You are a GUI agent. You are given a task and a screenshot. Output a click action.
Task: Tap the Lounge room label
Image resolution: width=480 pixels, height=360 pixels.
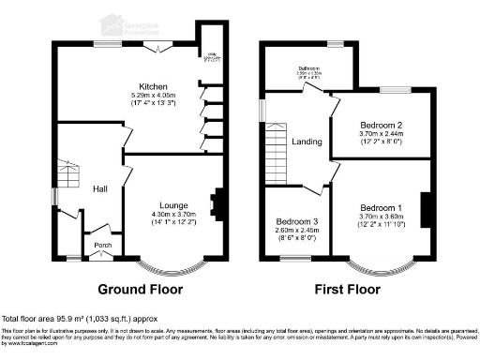tap(173, 206)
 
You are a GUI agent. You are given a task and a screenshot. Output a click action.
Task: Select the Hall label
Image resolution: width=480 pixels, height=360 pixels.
tap(101, 189)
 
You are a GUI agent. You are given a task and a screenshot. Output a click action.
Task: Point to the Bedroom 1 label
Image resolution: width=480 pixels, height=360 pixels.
tap(382, 207)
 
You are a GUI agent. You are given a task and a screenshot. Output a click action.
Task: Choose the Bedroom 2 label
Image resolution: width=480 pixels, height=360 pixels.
tap(382, 126)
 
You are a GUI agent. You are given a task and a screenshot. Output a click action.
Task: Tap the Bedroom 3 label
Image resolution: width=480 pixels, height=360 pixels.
tap(295, 221)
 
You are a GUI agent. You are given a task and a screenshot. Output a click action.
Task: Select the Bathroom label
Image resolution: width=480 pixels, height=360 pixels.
tap(309, 68)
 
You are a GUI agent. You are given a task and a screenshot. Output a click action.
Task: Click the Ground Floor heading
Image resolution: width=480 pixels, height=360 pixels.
tap(141, 289)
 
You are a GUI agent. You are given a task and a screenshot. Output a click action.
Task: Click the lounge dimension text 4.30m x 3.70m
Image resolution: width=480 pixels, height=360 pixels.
tap(173, 215)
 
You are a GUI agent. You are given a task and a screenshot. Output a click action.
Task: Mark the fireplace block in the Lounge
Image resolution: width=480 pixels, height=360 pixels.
tap(218, 203)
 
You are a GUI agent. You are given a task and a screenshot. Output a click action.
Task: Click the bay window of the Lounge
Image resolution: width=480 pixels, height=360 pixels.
tap(173, 264)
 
